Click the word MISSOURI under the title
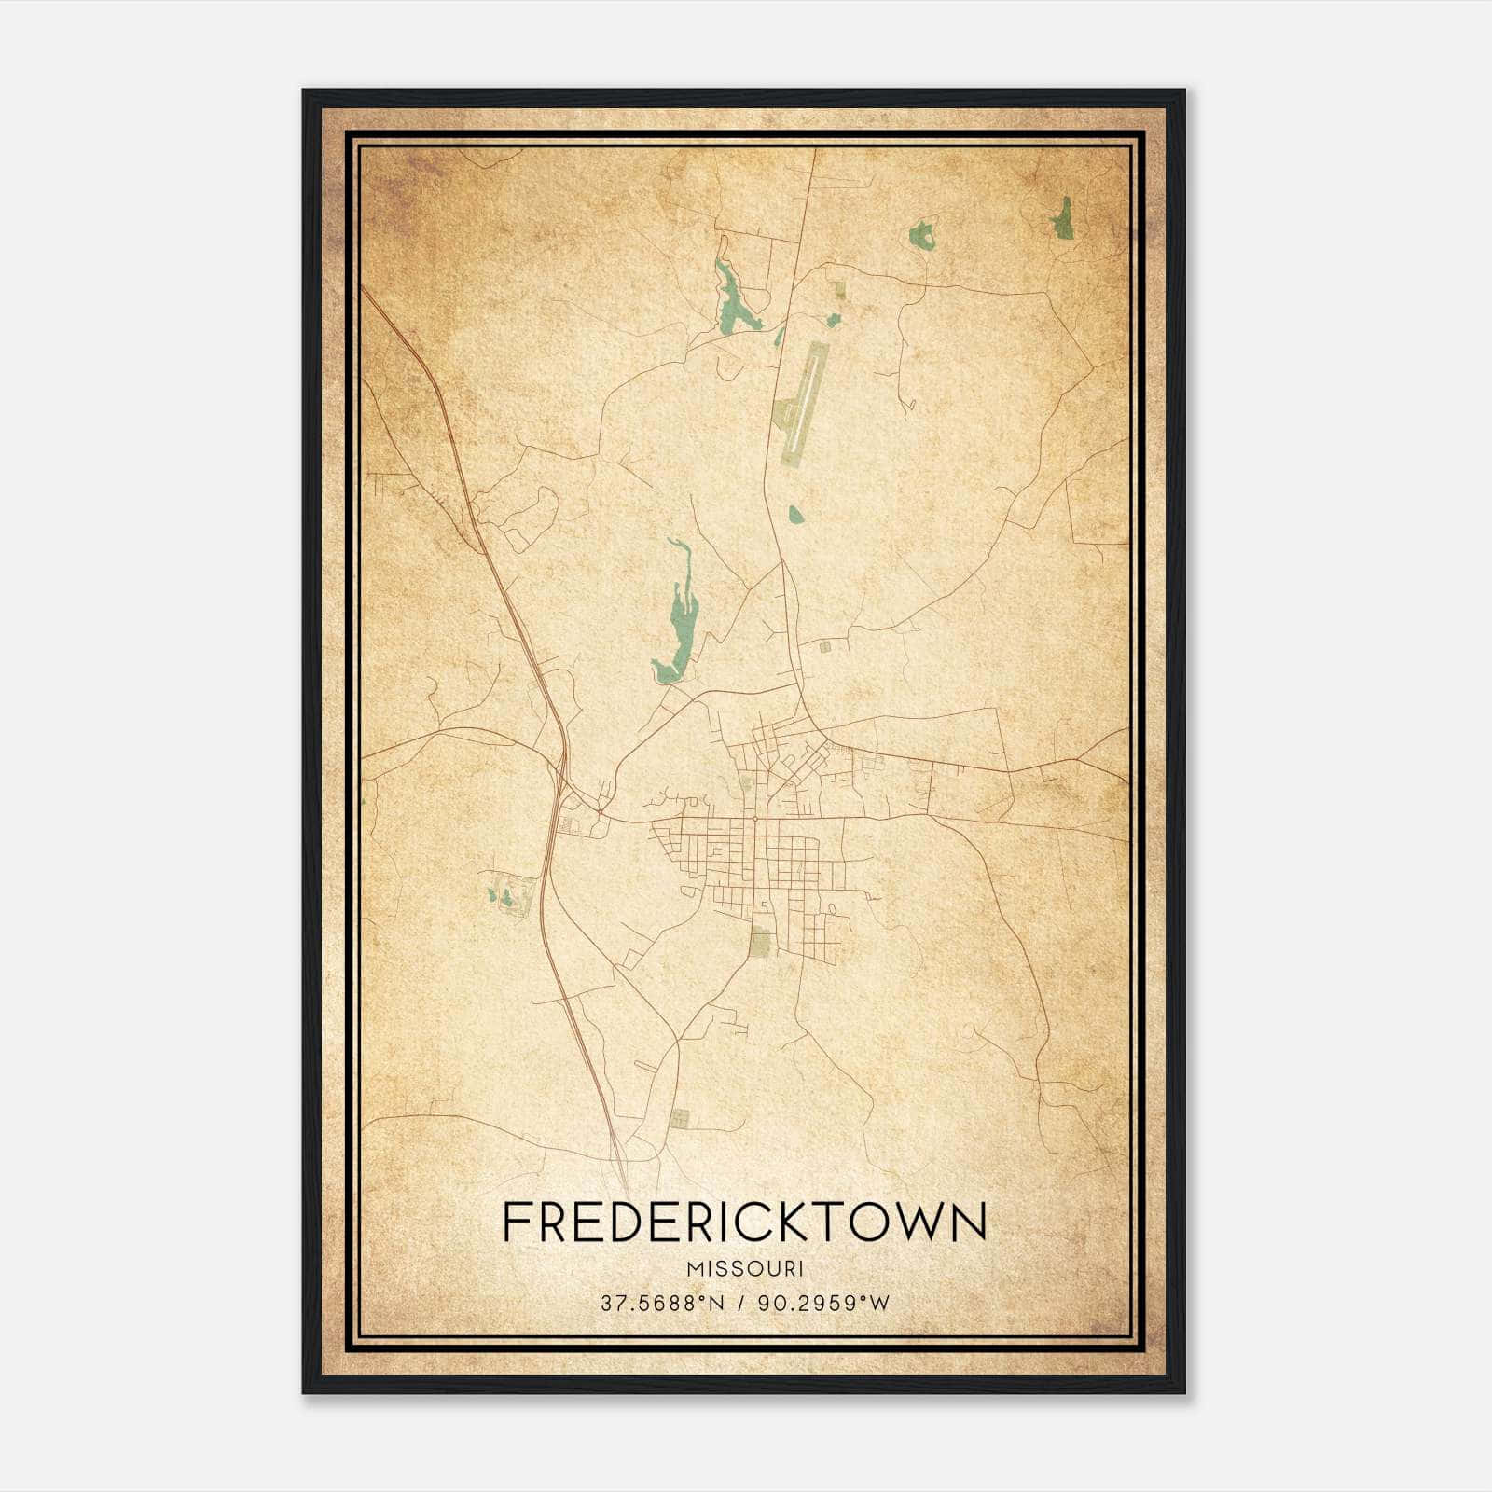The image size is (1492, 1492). pyautogui.click(x=744, y=1269)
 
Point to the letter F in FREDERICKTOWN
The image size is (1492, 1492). pyautogui.click(x=516, y=1222)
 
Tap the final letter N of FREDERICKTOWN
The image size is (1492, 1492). pyautogui.click(x=968, y=1222)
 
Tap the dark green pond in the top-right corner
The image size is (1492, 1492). pyautogui.click(x=1061, y=218)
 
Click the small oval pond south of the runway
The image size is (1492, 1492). pyautogui.click(x=795, y=514)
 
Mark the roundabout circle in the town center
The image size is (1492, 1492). pyautogui.click(x=753, y=819)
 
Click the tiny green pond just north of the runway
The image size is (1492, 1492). pyautogui.click(x=833, y=320)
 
